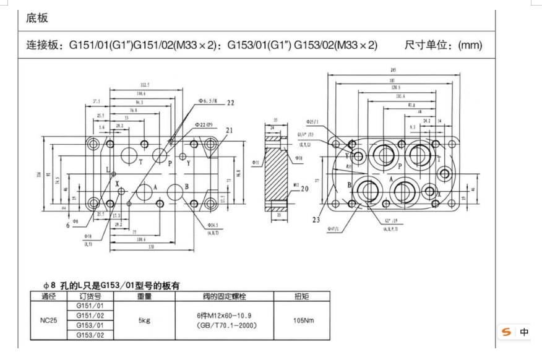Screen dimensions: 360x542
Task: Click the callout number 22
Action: pos(231,103)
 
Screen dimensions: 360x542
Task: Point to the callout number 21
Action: pos(230,130)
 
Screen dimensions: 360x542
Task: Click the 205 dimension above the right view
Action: pos(394,70)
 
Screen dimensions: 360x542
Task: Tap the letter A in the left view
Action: pos(154,186)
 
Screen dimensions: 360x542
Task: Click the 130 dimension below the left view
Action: pos(141,247)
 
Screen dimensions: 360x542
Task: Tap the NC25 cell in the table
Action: pos(49,320)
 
